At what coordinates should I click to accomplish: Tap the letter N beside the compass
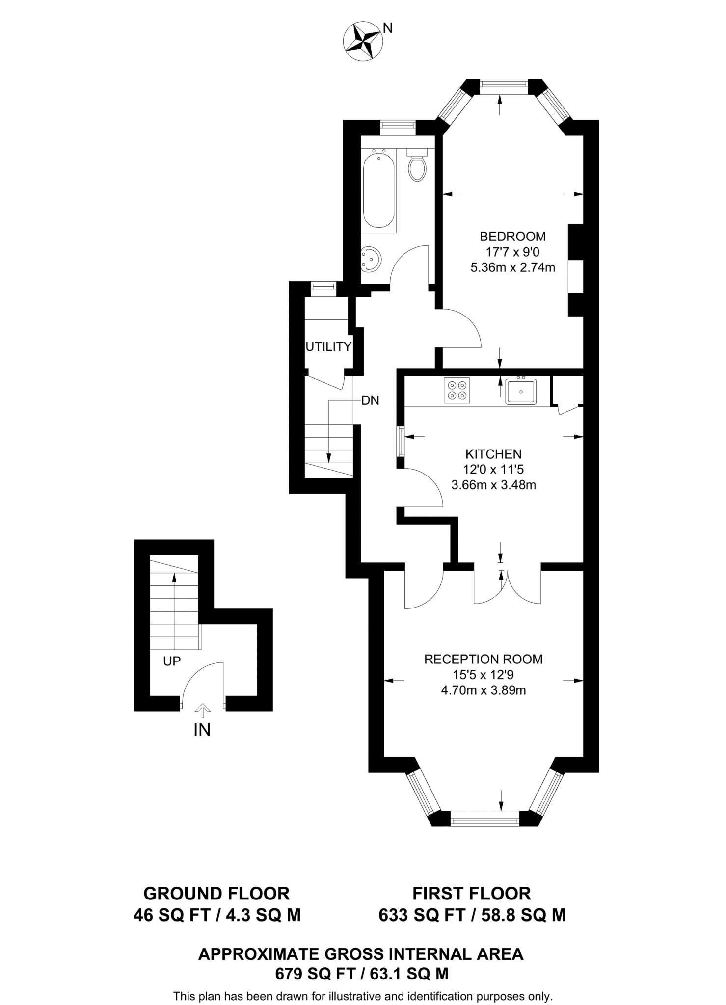pos(388,28)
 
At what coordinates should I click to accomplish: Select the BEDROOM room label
pos(512,237)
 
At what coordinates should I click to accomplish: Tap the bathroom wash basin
pos(371,258)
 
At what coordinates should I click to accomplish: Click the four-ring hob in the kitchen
pos(457,390)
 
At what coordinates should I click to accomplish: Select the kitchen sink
pos(521,391)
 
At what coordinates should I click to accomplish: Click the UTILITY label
pos(328,346)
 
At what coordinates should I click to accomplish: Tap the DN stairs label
pos(370,400)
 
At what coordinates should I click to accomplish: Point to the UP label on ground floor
pos(172,661)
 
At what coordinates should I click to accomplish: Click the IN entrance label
pos(202,730)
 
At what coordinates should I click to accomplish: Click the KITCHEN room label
pos(493,454)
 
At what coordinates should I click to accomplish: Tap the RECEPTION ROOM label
pos(484,659)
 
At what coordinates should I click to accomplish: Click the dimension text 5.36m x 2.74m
pos(512,268)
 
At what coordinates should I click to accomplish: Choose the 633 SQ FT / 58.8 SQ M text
pos(472,915)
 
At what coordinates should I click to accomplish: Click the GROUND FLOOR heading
pos(216,894)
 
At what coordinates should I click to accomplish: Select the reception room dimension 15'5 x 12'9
pos(484,675)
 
